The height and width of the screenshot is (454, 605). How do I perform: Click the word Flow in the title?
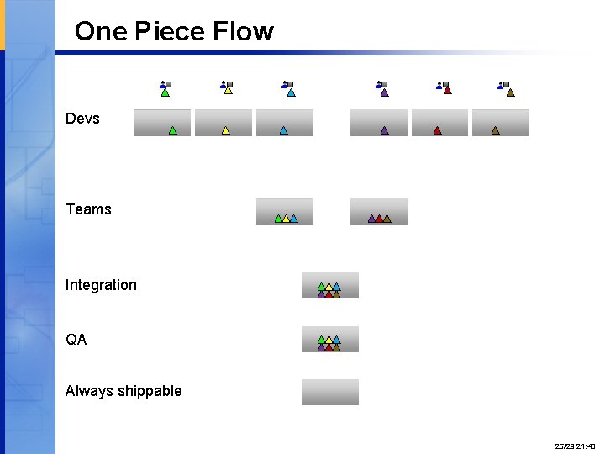point(243,32)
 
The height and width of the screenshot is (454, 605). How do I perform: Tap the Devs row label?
point(82,119)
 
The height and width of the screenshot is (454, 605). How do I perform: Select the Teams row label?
point(88,209)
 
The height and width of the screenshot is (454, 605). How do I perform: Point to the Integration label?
point(101,285)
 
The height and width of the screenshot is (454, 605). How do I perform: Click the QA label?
point(76,340)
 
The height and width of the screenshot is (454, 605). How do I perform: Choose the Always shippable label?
point(124,391)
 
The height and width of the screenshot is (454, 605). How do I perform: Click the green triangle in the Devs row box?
point(172,130)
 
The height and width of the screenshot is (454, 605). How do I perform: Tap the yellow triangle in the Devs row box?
point(225,130)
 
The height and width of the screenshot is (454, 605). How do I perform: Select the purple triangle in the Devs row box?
point(384,130)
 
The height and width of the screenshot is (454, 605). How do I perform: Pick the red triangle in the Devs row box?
point(437,130)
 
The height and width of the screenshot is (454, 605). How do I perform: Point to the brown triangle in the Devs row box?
point(495,130)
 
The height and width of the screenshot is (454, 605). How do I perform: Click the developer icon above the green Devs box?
point(166,87)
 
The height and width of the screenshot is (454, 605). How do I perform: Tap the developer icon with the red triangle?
point(444,87)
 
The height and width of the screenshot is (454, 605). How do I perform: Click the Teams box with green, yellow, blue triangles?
point(285,212)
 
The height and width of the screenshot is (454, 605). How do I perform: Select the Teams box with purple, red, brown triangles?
point(379,212)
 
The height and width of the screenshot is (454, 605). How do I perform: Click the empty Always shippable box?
point(330,392)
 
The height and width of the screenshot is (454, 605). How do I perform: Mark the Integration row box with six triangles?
point(330,286)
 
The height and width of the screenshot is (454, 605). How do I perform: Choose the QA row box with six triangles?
point(330,340)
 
